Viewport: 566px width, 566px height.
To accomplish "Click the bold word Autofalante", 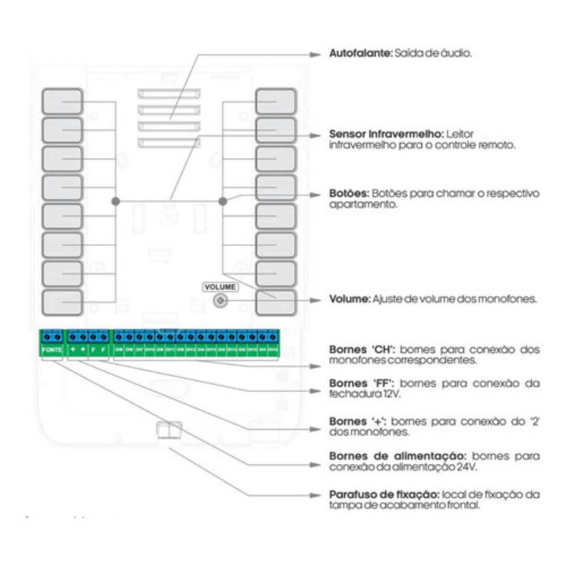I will click(x=360, y=54).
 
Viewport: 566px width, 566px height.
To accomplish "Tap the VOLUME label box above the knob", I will click(x=220, y=287).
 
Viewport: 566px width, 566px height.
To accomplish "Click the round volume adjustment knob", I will click(x=220, y=301).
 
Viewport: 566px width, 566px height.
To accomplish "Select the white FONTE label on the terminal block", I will click(x=52, y=350).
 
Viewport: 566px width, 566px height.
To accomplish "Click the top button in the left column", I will click(x=62, y=102).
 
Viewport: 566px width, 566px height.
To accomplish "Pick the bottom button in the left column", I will click(x=62, y=302).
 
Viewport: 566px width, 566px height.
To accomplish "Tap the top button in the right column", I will click(x=276, y=102).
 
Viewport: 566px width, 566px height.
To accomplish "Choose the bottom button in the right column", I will click(x=276, y=302).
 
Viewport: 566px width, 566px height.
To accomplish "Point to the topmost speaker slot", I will click(x=169, y=94).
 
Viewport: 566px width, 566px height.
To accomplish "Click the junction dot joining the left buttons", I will click(x=116, y=201).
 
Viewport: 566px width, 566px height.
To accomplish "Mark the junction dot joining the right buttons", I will click(x=223, y=201).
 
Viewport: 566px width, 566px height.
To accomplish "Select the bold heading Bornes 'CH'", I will click(x=360, y=350).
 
